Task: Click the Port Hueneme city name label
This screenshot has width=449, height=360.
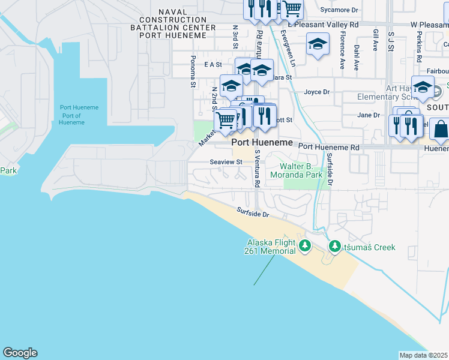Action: coord(262,143)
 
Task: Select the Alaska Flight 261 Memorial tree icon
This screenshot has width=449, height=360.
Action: coord(305,245)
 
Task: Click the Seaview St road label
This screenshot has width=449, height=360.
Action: coord(226,162)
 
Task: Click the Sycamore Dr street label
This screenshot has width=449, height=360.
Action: coord(339,10)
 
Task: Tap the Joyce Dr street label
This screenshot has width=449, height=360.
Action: coord(317,92)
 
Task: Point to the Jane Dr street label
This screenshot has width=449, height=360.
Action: coord(369,115)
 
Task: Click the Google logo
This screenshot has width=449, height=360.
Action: coord(20,353)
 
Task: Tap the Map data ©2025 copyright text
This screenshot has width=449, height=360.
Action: coord(423,355)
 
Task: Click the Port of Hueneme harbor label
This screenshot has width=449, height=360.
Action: coord(79,115)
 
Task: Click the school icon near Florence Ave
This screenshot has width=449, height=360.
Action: coord(318,44)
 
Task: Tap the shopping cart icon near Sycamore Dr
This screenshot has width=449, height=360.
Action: coord(291,8)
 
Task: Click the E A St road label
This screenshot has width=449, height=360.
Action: coord(213,64)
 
